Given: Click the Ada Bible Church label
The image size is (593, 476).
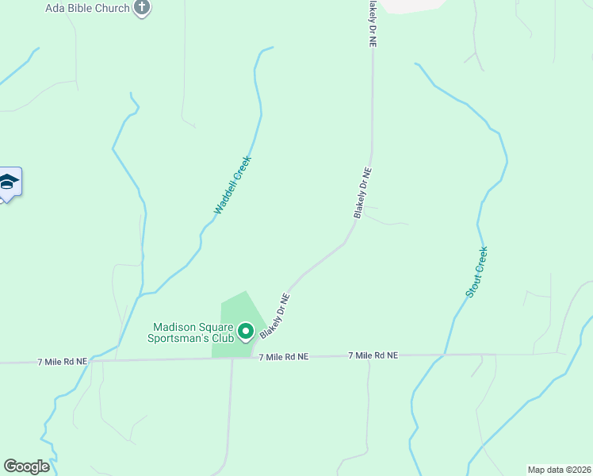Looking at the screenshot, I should (87, 8).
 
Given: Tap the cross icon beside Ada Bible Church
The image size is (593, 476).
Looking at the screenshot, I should (142, 8).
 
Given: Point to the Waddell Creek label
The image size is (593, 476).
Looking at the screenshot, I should (232, 185).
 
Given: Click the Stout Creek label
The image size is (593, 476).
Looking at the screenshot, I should (476, 272).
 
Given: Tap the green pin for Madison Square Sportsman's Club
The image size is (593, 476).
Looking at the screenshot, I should (245, 332).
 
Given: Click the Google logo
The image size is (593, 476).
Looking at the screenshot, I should (26, 466).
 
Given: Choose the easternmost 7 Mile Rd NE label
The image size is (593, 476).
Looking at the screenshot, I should (373, 356).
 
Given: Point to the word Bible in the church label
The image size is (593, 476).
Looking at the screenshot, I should (81, 8).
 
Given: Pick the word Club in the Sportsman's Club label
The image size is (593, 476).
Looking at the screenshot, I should (222, 338).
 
